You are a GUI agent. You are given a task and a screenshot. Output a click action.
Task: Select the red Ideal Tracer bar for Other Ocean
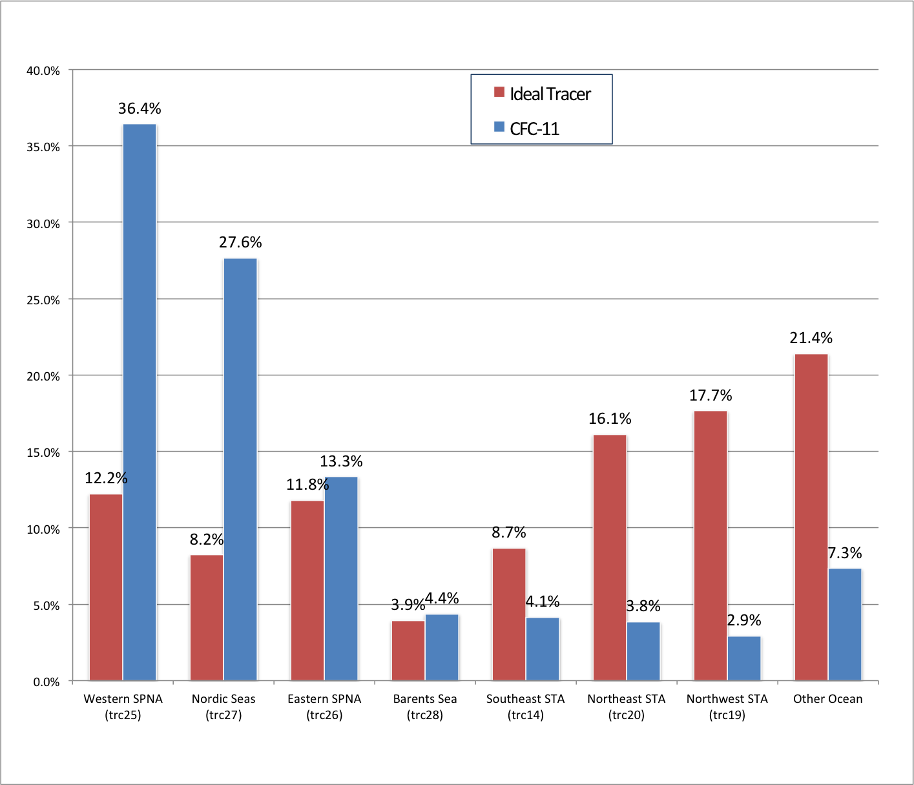click(811, 517)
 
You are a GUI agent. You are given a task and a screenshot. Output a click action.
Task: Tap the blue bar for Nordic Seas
click(240, 469)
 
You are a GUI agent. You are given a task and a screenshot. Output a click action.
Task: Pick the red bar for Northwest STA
click(711, 545)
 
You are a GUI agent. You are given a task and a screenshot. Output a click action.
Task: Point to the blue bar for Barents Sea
click(442, 647)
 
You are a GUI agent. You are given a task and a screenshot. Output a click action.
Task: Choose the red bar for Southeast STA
click(509, 614)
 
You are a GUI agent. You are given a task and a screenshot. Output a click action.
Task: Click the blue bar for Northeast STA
click(643, 651)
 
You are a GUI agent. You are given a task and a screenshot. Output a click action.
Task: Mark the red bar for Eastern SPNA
click(307, 591)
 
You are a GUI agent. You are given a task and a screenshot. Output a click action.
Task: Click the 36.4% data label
click(140, 109)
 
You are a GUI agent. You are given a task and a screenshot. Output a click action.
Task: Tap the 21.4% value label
click(811, 338)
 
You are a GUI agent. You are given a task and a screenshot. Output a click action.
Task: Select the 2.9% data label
click(744, 620)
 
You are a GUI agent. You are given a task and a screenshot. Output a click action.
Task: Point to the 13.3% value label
click(341, 461)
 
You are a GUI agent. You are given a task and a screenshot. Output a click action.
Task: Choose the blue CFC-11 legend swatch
click(499, 127)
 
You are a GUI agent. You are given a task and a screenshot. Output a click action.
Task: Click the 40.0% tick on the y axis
click(43, 71)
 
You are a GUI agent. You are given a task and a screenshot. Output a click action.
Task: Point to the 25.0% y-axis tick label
click(43, 300)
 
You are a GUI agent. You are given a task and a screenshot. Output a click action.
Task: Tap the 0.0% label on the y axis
click(46, 682)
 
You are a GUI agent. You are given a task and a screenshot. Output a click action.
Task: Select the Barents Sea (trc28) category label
click(425, 707)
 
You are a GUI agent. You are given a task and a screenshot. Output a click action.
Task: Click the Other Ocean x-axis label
click(827, 699)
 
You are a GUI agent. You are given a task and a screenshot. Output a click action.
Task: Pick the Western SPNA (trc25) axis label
click(123, 707)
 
